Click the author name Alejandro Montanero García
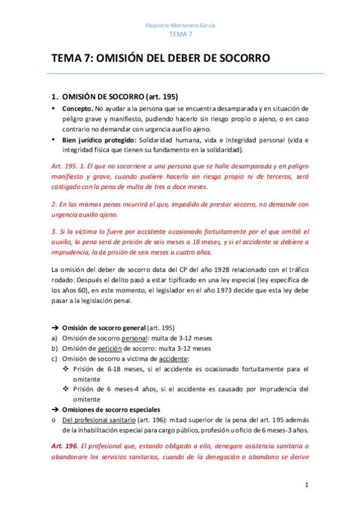click(x=180, y=25)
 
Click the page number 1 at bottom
click(x=306, y=485)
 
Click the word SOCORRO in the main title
click(x=242, y=58)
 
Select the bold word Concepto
click(x=78, y=109)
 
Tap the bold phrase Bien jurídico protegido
click(x=97, y=140)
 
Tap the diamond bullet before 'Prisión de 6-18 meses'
click(x=67, y=369)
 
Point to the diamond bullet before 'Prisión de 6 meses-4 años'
click(x=67, y=389)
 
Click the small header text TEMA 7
click(x=180, y=35)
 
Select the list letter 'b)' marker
click(x=55, y=348)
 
